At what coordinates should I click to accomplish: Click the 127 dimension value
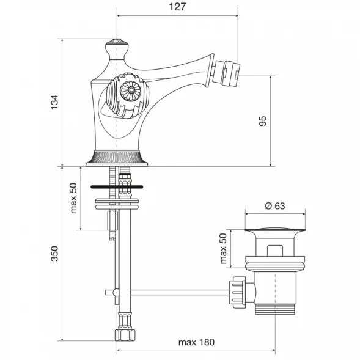(x=177, y=7)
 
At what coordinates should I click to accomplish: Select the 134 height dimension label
(x=54, y=102)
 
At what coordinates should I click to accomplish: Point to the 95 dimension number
(x=263, y=121)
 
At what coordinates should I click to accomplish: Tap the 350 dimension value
(x=54, y=254)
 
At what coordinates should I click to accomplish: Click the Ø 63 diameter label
(x=275, y=206)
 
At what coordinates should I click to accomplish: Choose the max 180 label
(x=196, y=342)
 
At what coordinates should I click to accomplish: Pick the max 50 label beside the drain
(x=223, y=248)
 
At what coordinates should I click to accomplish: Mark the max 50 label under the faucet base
(x=73, y=198)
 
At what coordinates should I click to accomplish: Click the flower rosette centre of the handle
(x=131, y=90)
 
